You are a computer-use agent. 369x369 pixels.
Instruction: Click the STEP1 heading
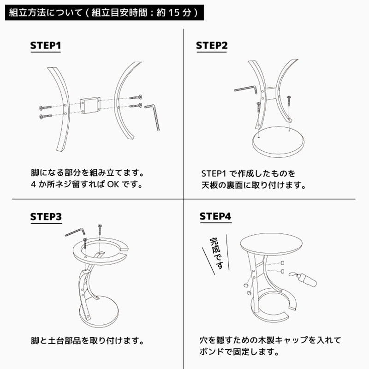[46, 45]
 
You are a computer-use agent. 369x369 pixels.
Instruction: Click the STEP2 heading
[212, 45]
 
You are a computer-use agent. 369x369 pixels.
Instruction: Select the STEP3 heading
[46, 216]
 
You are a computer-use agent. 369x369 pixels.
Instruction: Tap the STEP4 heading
[215, 216]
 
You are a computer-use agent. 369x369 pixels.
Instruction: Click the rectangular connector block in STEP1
[90, 106]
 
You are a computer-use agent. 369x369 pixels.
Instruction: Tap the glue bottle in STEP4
[304, 279]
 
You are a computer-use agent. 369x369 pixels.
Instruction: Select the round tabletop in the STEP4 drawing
[271, 244]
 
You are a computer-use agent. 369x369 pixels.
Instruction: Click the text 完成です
[216, 253]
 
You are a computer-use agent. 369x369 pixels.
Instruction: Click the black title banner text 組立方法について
[46, 12]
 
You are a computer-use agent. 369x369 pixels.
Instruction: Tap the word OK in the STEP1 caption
[113, 184]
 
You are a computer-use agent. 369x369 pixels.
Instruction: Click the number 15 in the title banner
[174, 12]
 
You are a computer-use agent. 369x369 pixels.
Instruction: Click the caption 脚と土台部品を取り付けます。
[87, 340]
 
